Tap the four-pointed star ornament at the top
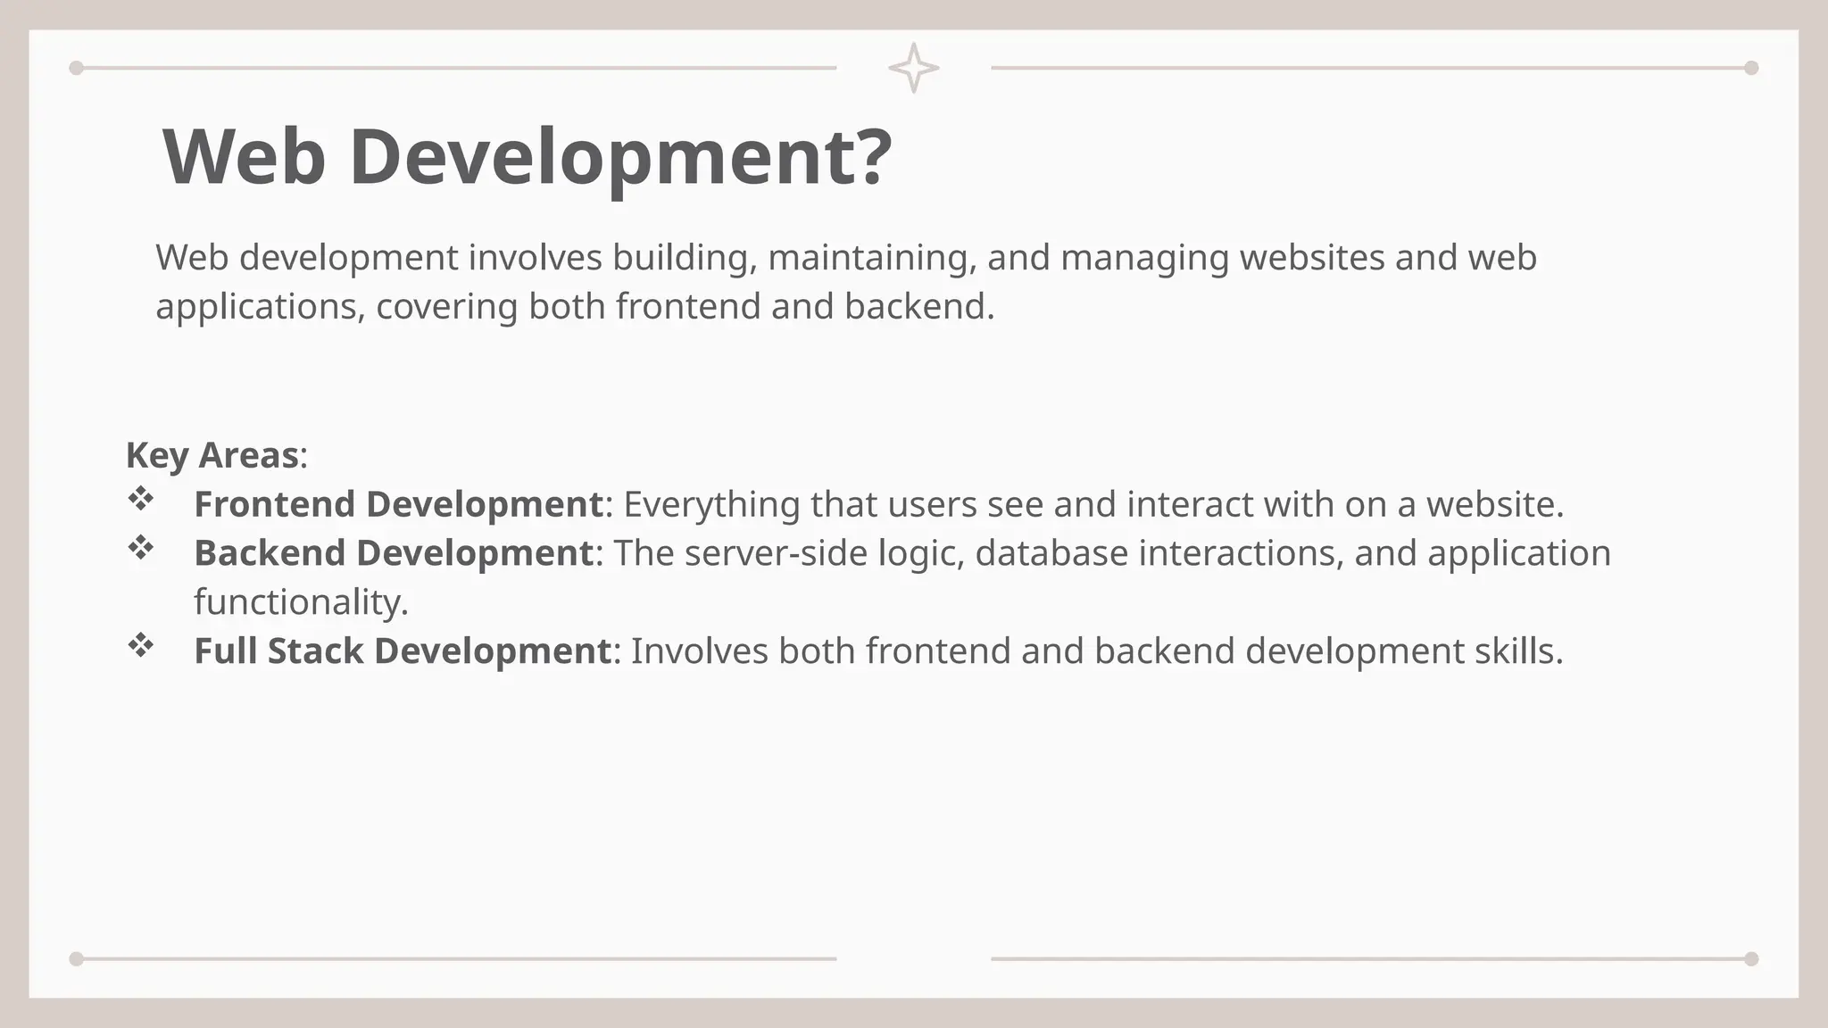(913, 68)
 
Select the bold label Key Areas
(212, 455)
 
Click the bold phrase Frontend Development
(399, 504)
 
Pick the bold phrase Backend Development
(394, 553)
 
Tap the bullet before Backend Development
(141, 548)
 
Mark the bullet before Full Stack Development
(141, 645)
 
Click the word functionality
(300, 602)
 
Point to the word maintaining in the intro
(871, 258)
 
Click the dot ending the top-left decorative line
(77, 68)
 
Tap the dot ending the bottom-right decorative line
(1751, 959)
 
